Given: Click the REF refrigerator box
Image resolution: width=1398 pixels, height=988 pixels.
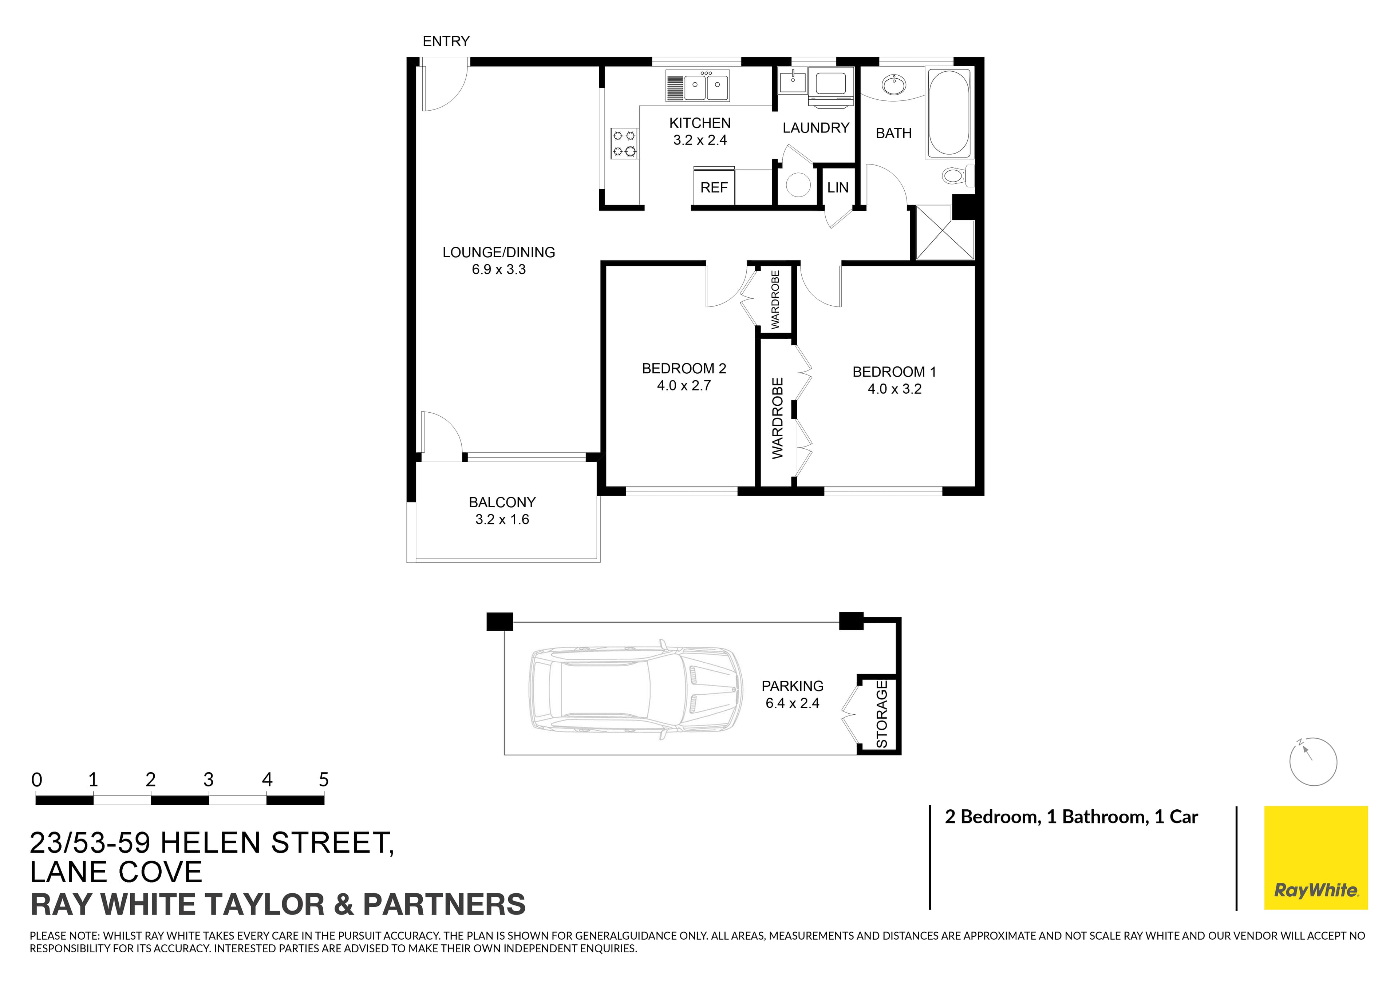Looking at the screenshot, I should (x=714, y=187).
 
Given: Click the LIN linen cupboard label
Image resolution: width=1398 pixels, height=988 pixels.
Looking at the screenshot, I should (x=837, y=187).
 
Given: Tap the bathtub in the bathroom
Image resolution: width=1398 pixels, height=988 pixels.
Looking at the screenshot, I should (x=948, y=113).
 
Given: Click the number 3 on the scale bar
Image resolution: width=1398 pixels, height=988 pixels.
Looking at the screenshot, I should (x=208, y=780).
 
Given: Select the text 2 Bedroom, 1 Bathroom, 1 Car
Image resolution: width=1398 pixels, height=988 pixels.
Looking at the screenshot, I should (x=1071, y=817).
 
